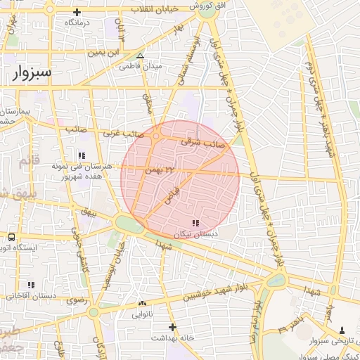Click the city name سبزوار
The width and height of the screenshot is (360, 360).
click(x=32, y=75)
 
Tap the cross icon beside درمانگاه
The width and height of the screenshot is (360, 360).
click(x=77, y=12)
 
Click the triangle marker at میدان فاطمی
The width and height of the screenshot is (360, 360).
click(x=141, y=56)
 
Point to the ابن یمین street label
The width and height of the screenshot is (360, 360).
click(x=105, y=53)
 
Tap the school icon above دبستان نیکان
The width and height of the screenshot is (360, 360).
click(x=195, y=223)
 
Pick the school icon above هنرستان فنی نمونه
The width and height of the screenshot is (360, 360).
click(x=82, y=155)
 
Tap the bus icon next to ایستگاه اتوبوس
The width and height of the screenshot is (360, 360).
click(x=12, y=237)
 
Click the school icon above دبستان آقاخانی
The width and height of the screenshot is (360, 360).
click(x=30, y=285)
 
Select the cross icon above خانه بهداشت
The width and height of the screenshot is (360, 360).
click(x=172, y=326)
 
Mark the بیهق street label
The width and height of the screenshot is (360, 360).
click(x=87, y=211)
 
